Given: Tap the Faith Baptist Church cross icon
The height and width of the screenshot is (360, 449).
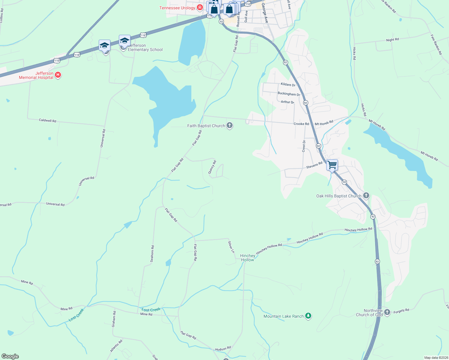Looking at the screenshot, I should pyautogui.click(x=230, y=125).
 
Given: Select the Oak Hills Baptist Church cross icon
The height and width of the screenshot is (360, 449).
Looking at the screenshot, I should pyautogui.click(x=366, y=196).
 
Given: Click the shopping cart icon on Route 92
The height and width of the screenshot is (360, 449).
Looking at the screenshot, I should pyautogui.click(x=332, y=165).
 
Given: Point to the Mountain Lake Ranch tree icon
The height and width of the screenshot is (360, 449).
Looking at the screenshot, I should pyautogui.click(x=308, y=316).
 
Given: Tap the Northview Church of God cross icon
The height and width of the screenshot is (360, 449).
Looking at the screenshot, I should pyautogui.click(x=387, y=312).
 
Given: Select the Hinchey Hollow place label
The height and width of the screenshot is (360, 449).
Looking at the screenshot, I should pyautogui.click(x=248, y=258).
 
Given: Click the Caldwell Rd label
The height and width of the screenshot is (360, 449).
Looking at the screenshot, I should pyautogui.click(x=47, y=120).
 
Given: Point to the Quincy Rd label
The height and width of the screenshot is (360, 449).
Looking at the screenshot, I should pyautogui.click(x=212, y=167).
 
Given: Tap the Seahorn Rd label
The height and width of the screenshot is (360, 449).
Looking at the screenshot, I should pyautogui.click(x=152, y=254).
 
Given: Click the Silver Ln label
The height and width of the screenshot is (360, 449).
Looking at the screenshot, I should pyautogui.click(x=231, y=247).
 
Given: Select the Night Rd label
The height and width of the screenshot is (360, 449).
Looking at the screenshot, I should pyautogui.click(x=392, y=40).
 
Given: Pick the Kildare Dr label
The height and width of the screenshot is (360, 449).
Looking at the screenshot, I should pyautogui.click(x=288, y=85).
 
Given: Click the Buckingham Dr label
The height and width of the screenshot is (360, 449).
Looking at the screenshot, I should pyautogui.click(x=288, y=94).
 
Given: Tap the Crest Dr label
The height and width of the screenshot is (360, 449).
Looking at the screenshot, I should pyautogui.click(x=304, y=146).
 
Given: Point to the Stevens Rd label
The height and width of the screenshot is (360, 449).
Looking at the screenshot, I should pyautogui.click(x=314, y=165).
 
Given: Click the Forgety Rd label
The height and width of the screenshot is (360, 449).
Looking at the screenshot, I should pyautogui.click(x=401, y=311).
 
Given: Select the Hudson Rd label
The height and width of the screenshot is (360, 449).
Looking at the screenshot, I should pyautogui.click(x=223, y=349).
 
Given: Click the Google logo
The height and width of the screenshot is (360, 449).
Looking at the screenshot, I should pyautogui.click(x=10, y=356).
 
